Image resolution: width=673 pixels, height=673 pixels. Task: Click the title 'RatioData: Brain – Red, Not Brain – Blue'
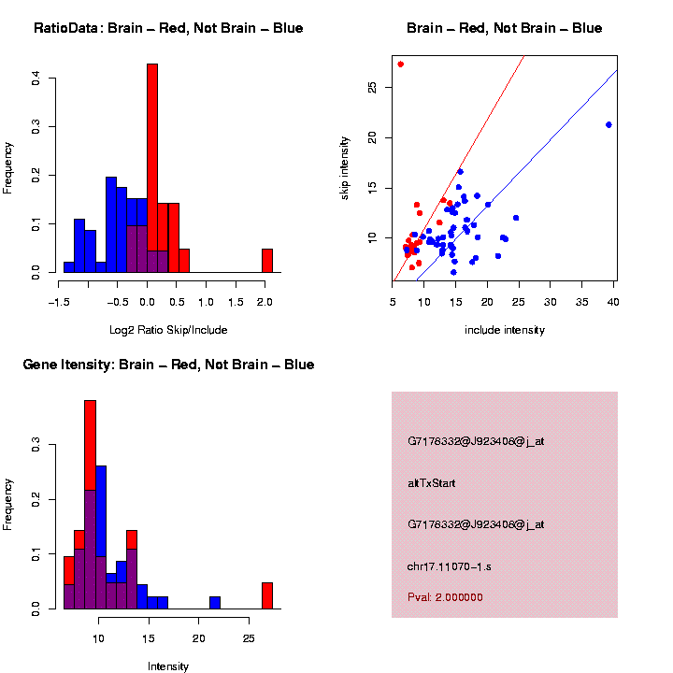[168, 29]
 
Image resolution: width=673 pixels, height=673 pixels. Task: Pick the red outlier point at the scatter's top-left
[400, 64]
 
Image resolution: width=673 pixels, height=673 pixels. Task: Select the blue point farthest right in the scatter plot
[609, 124]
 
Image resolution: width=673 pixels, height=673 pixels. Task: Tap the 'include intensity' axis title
[505, 330]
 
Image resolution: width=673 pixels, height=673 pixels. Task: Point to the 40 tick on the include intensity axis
[614, 302]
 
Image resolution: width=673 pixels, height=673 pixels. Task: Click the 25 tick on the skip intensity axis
[373, 87]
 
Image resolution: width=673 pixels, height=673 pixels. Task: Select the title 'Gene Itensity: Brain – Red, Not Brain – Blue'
[168, 365]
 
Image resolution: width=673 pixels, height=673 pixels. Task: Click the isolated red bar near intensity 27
[267, 595]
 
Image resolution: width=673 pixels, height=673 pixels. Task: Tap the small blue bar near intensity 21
[215, 603]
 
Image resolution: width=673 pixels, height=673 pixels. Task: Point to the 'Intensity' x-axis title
[168, 666]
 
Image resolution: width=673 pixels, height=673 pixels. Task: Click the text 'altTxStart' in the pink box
[431, 483]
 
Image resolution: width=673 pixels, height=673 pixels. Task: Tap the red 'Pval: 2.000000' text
[445, 596]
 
